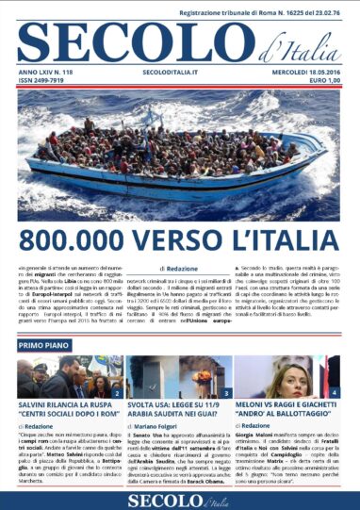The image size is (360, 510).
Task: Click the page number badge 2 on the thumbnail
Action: (117, 392)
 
